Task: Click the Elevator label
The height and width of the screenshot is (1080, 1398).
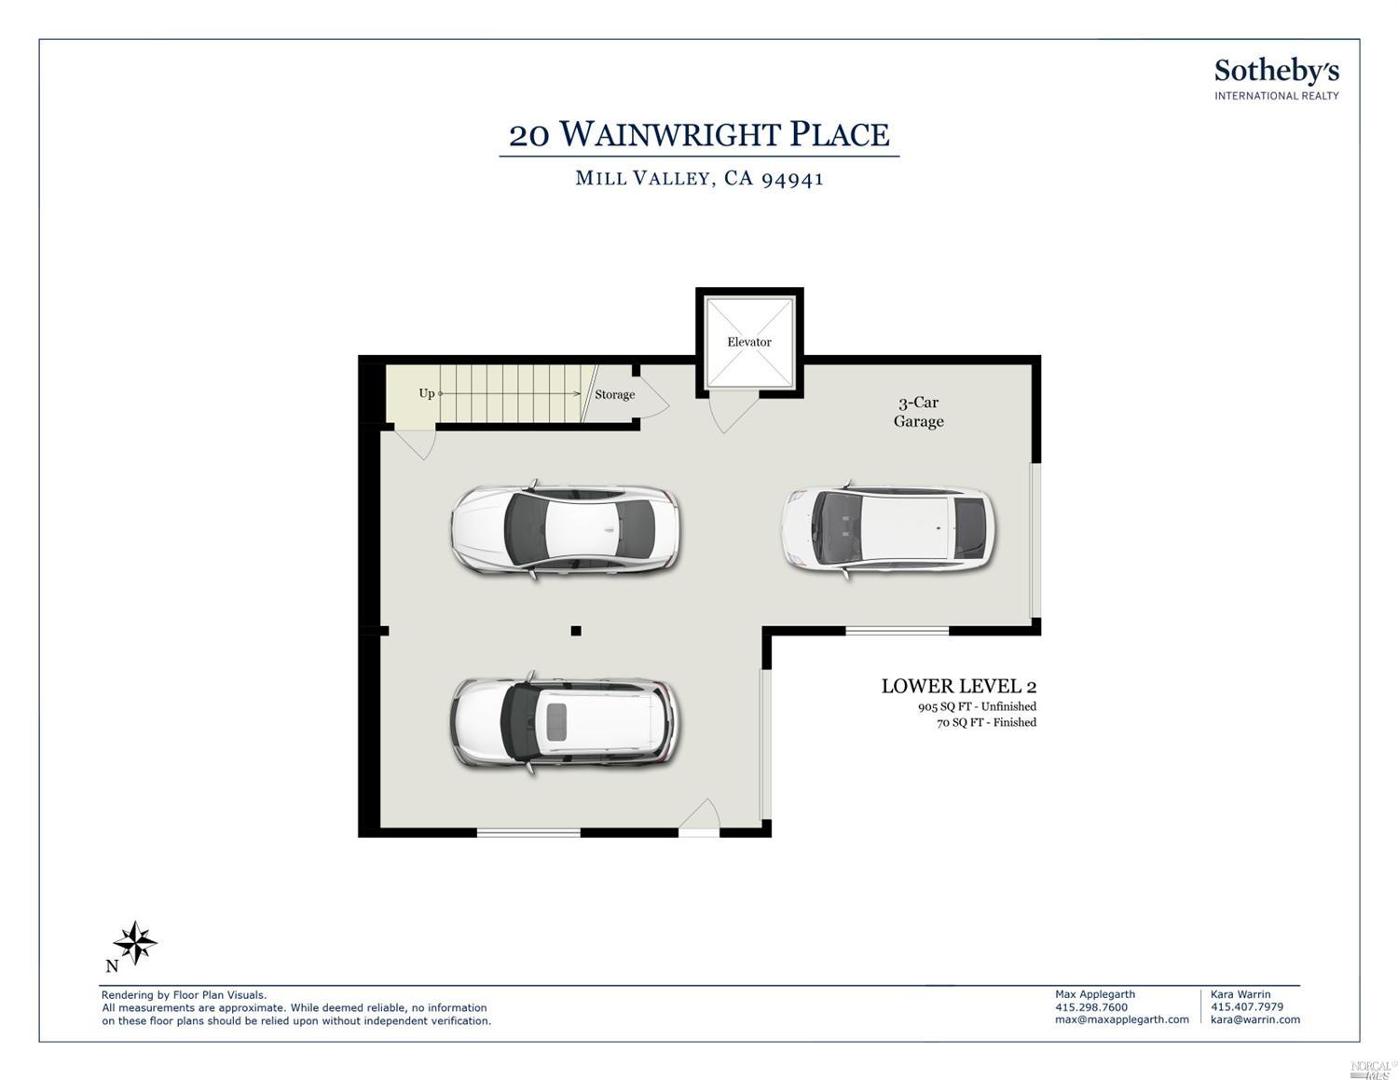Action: point(748,342)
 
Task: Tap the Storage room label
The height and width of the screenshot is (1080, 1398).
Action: point(614,395)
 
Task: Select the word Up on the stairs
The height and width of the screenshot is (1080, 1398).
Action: point(427,393)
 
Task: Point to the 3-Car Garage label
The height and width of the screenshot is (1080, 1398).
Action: point(918,412)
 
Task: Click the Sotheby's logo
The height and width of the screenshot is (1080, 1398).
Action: point(1277,79)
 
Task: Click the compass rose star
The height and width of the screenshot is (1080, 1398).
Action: point(135,942)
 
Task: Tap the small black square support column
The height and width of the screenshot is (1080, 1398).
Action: point(576,631)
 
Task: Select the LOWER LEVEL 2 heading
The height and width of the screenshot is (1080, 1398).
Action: point(959,687)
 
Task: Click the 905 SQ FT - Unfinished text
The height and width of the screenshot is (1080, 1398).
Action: point(977,707)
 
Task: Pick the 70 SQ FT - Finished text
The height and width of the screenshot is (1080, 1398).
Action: point(986,723)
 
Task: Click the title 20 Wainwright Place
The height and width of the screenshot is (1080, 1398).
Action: point(699,134)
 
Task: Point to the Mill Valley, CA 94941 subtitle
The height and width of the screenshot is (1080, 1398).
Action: point(699,178)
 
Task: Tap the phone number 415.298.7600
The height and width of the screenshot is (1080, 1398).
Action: point(1091,1007)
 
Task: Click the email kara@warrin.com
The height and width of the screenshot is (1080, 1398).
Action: point(1255,1019)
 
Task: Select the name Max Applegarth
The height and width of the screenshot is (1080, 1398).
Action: point(1095,994)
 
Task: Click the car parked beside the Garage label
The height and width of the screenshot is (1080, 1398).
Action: point(888,530)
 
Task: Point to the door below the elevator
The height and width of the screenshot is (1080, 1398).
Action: point(733,412)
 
